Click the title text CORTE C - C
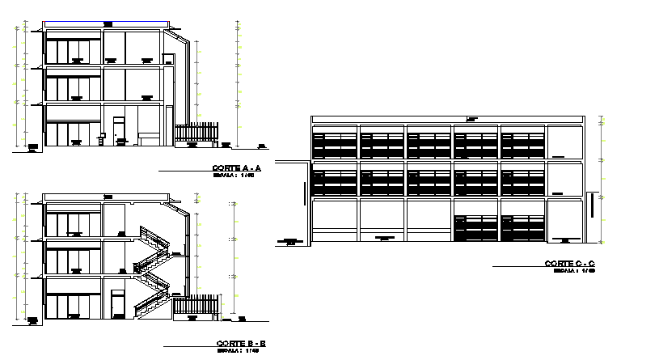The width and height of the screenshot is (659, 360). [x=569, y=264]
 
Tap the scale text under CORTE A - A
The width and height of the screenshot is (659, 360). [x=234, y=175]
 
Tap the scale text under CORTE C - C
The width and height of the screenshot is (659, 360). [x=574, y=271]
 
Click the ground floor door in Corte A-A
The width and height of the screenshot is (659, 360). [x=118, y=131]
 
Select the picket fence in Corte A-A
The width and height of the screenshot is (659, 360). [x=196, y=133]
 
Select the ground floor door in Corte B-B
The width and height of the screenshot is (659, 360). [x=118, y=306]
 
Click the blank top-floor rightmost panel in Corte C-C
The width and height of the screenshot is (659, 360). [x=563, y=142]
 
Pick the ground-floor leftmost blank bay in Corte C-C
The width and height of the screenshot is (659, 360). [x=334, y=221]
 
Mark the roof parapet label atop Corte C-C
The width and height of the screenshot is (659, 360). [x=471, y=119]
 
